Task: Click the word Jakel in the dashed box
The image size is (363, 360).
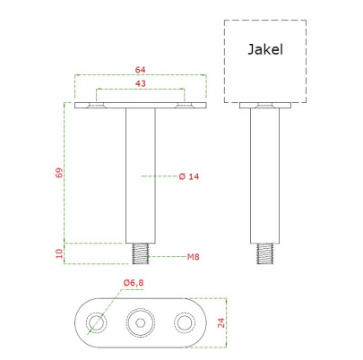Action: pos(265,49)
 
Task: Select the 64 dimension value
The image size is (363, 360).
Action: pos(141,70)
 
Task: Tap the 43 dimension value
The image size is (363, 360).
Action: pos(141,83)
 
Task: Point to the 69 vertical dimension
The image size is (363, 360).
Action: pos(59,173)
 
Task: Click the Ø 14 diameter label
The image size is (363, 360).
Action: pos(189,176)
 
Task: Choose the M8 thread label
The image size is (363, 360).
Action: pos(194,257)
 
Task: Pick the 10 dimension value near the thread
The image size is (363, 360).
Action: pos(59,253)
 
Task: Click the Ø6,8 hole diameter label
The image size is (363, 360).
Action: pos(134,282)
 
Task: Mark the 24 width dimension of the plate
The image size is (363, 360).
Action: pos(221,322)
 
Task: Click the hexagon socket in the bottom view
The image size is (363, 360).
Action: pos(140,323)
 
